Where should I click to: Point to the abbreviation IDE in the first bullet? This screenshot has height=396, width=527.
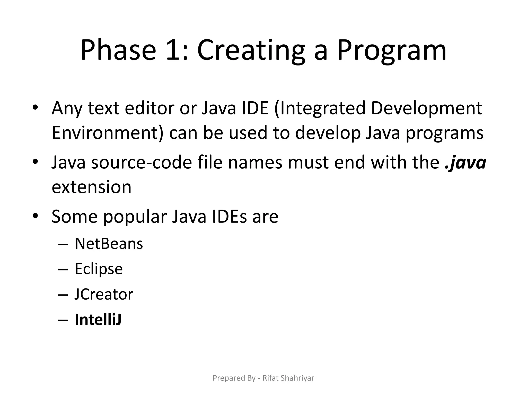tap(255, 108)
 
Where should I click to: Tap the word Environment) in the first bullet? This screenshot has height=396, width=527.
tap(108, 133)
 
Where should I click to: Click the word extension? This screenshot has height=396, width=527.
tap(92, 187)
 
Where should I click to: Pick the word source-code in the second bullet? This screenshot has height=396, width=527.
tap(141, 162)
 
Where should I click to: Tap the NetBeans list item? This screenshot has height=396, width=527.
tap(109, 244)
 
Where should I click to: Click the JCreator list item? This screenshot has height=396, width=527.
tap(104, 294)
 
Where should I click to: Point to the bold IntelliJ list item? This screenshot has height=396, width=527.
tap(98, 320)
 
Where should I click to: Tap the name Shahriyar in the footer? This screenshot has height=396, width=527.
tap(297, 378)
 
